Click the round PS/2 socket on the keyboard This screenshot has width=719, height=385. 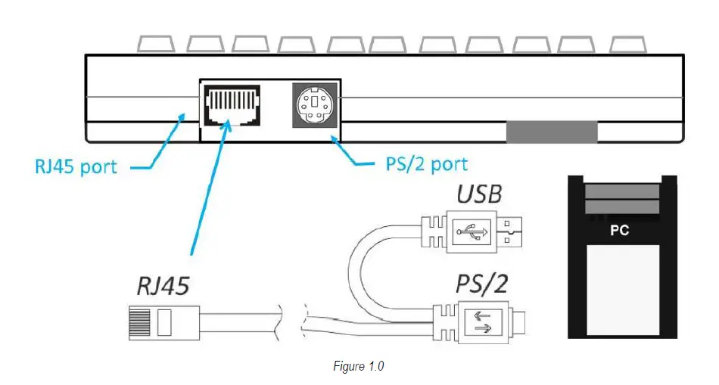(313, 106)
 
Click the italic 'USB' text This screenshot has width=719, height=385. (478, 194)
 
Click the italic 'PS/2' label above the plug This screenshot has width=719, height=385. (481, 285)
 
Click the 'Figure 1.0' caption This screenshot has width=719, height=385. (359, 367)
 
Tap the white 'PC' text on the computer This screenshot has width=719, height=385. (620, 231)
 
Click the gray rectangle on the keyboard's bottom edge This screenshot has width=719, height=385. (551, 132)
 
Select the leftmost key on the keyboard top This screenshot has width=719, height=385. (157, 43)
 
